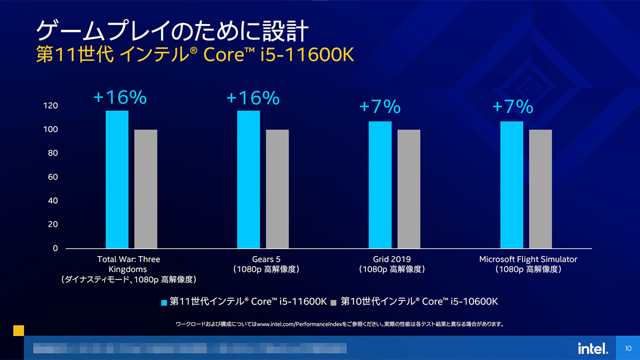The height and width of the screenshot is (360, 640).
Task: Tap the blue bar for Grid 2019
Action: point(380,184)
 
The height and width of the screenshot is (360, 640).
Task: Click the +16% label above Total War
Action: point(120,97)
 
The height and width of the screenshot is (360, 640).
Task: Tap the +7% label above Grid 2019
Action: point(380,106)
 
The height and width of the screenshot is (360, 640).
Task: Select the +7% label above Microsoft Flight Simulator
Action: point(512,106)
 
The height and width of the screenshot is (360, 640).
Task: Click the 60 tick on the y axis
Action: point(52,177)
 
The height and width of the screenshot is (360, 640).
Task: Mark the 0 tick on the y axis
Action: point(55,248)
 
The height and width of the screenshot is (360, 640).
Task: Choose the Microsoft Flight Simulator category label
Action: point(528,259)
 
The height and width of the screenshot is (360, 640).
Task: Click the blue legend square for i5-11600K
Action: point(163,302)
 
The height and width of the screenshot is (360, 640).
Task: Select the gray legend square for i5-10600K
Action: point(333,302)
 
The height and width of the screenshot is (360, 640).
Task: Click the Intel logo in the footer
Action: point(593,348)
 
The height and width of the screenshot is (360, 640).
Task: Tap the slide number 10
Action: point(628,348)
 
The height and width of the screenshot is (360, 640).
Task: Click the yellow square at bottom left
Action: point(18,330)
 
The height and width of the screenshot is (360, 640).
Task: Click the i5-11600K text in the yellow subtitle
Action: point(310,55)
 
